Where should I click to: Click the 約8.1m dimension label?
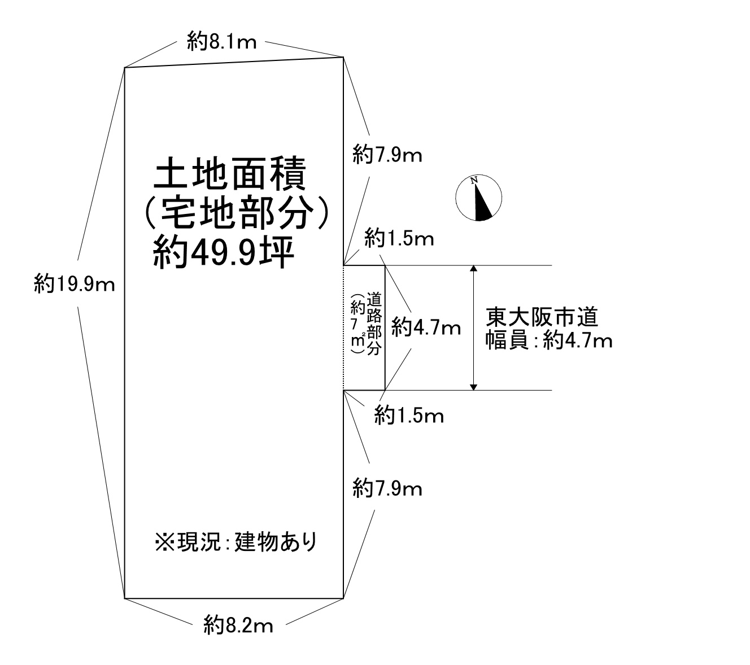[x=221, y=41]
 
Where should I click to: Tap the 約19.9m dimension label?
[x=75, y=284]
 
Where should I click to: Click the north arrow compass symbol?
[x=478, y=198]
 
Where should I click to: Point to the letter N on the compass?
[x=474, y=180]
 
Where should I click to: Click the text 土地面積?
[x=230, y=173]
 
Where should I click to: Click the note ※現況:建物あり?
[x=236, y=542]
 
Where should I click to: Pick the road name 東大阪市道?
[x=542, y=317]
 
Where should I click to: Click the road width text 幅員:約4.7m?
[x=549, y=340]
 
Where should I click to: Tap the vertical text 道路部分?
[x=374, y=323]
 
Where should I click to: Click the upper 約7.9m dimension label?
[x=387, y=154]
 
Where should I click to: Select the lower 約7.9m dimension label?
[x=387, y=488]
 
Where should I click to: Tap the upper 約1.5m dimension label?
[x=399, y=238]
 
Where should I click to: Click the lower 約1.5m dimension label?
[x=409, y=415]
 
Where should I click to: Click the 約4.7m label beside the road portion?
[x=426, y=327]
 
